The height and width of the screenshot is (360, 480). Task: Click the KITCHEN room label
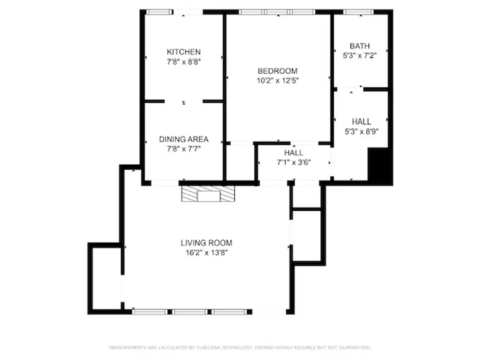tap(184, 52)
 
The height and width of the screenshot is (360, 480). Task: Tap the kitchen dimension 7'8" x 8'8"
tap(184, 62)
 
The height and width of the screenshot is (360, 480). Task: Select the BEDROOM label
tap(277, 71)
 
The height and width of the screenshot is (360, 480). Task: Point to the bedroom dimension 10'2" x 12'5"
tap(277, 80)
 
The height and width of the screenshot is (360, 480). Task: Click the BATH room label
tap(360, 46)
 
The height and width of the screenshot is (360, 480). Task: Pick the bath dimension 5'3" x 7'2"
tap(360, 56)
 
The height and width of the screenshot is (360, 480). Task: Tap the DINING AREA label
tap(184, 139)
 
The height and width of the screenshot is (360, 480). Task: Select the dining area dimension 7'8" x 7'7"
tap(184, 149)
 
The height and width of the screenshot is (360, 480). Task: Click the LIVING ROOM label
tap(206, 243)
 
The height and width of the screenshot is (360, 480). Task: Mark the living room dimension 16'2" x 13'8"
tap(206, 253)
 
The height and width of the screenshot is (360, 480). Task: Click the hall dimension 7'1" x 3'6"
tap(294, 162)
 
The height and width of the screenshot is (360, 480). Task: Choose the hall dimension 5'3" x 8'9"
tap(361, 131)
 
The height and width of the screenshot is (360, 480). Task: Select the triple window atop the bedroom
tap(277, 12)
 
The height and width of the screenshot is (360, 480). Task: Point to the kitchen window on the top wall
tap(159, 12)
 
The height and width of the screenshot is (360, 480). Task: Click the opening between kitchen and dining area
tap(184, 101)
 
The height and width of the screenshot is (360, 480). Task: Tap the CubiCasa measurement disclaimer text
tap(240, 347)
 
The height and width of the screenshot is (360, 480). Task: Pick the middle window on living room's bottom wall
tap(190, 312)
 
